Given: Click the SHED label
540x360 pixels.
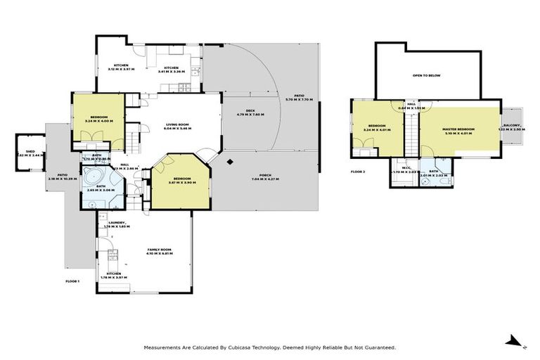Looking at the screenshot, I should pyautogui.click(x=30, y=151).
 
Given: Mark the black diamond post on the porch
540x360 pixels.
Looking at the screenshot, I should pyautogui.click(x=230, y=162).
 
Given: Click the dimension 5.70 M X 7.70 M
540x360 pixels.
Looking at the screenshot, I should pyautogui.click(x=299, y=100).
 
